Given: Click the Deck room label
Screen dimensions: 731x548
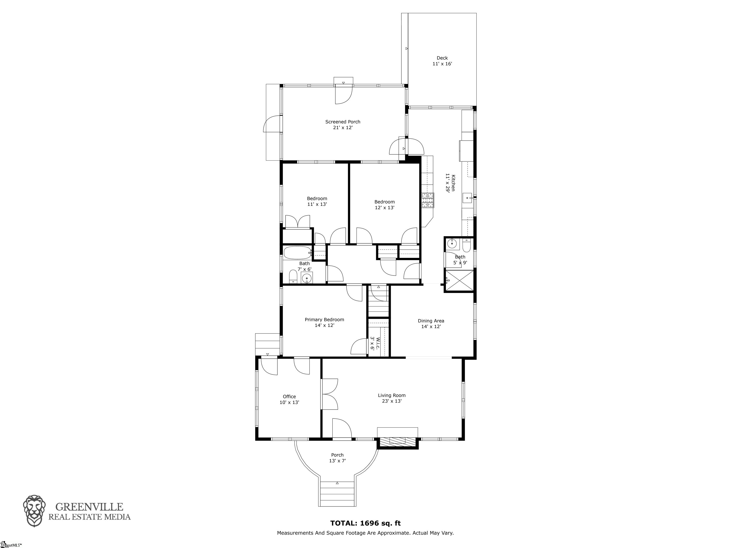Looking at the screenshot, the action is point(442,58).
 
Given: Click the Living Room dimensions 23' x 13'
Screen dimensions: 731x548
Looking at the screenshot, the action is point(392,401).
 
